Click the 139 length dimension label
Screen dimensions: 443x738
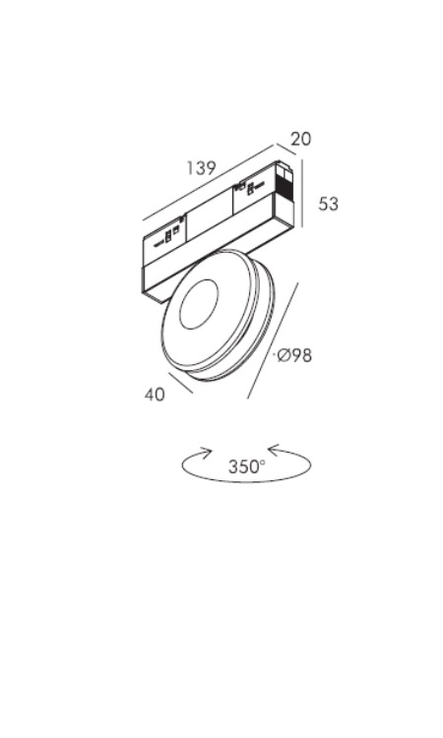[201, 167]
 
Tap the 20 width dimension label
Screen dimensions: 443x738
[301, 139]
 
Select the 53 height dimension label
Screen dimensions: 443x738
[328, 204]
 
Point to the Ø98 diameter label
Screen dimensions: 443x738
[294, 355]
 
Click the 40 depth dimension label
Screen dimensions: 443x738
[155, 395]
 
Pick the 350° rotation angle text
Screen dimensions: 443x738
[247, 466]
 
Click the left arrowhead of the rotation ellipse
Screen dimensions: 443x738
[206, 453]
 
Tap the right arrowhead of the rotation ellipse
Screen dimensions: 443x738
[275, 450]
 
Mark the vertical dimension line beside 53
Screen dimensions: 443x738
[302, 194]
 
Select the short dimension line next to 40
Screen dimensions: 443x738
[180, 383]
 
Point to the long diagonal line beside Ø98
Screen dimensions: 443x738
[273, 340]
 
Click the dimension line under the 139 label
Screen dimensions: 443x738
[208, 182]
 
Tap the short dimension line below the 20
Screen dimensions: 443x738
[286, 149]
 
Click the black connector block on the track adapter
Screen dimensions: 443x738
[284, 190]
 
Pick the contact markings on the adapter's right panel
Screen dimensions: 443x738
[250, 188]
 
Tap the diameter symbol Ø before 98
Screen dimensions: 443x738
[283, 355]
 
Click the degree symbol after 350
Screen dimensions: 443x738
[263, 461]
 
